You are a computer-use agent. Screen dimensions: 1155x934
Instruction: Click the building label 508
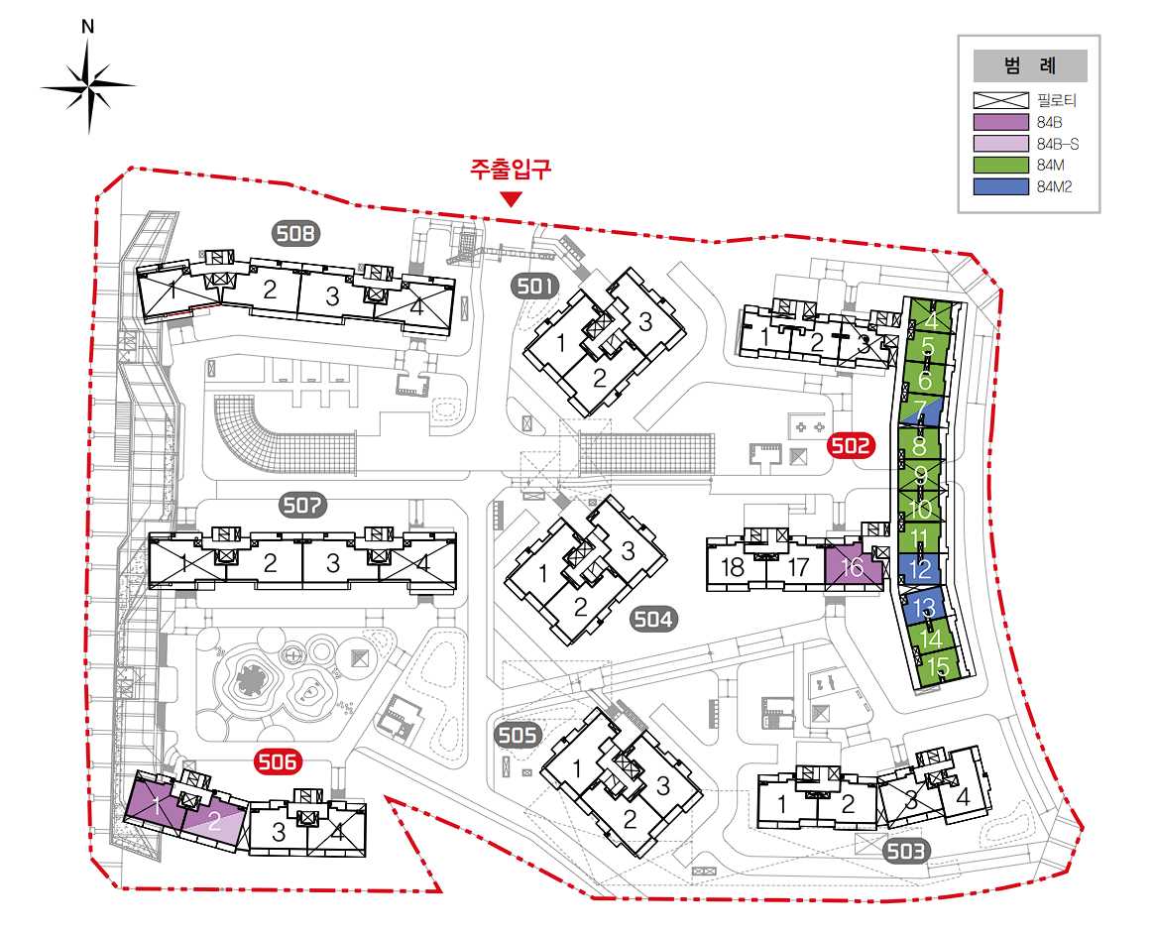click(296, 234)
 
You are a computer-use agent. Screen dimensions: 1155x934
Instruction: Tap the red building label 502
click(852, 445)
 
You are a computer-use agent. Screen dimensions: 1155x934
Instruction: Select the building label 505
click(518, 735)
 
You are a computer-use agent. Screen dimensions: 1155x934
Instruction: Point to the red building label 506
click(277, 760)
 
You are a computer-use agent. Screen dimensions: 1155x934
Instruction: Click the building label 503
click(905, 852)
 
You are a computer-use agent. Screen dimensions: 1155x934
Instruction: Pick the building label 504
click(652, 619)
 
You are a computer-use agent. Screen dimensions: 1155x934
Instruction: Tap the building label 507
click(302, 506)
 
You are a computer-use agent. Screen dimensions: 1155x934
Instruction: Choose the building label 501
click(535, 286)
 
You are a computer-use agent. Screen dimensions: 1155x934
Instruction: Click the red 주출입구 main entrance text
click(511, 171)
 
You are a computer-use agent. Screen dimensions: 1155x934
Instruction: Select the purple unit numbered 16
click(854, 566)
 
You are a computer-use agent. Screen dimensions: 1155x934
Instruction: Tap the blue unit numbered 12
click(919, 568)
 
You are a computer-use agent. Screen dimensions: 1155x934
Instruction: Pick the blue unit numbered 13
click(923, 607)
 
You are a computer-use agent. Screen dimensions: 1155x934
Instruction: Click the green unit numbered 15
click(938, 667)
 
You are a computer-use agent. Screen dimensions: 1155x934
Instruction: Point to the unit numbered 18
click(733, 567)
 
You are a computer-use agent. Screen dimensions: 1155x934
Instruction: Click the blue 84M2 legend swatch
click(1000, 186)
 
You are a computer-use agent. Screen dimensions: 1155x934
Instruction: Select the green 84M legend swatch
click(1000, 165)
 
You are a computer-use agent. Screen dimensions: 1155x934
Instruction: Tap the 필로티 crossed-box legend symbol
click(1000, 101)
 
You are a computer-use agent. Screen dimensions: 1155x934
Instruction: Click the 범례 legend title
click(1030, 65)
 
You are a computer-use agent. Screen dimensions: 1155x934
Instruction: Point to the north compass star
click(89, 86)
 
